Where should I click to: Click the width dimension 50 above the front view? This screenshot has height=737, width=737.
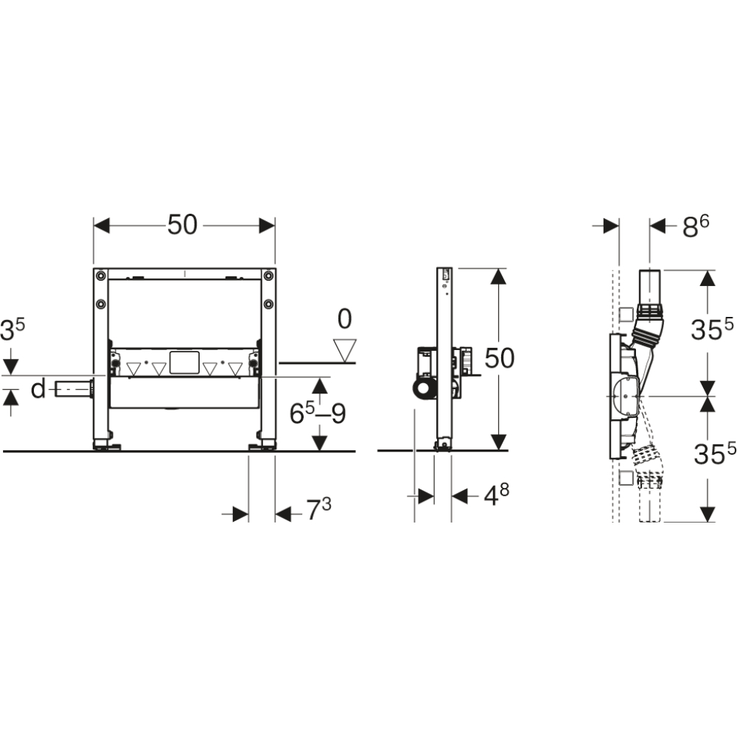point(182,225)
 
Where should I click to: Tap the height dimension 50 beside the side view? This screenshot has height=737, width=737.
point(499,358)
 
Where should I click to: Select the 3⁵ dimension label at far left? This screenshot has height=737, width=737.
point(13,329)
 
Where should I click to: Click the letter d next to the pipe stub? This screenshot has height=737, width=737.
point(38,389)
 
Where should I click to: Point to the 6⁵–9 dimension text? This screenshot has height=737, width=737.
point(318,413)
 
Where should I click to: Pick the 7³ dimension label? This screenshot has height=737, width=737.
point(318,509)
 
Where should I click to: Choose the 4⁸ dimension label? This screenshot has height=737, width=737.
point(497,495)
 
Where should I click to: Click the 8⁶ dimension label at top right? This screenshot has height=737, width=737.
point(696,226)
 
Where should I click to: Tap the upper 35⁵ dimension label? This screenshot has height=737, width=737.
point(713,329)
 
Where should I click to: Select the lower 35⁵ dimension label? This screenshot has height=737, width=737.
point(715,453)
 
